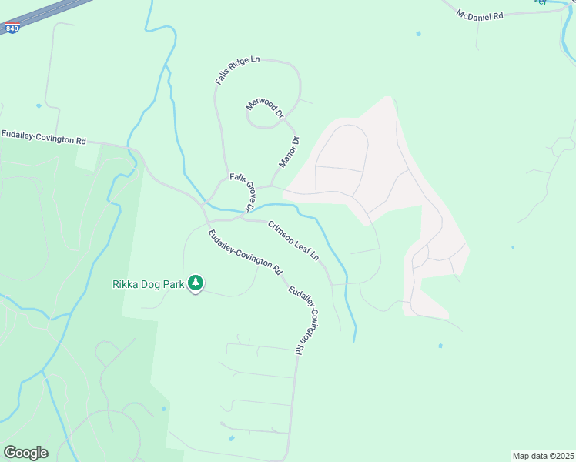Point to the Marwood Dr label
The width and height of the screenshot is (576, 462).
pyautogui.click(x=265, y=109)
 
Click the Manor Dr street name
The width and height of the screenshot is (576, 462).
pyautogui.click(x=289, y=152)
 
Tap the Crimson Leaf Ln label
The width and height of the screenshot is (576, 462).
pyautogui.click(x=293, y=241)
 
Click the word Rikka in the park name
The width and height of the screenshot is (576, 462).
pyautogui.click(x=126, y=284)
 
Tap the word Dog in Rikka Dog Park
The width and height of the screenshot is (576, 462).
pyautogui.click(x=153, y=284)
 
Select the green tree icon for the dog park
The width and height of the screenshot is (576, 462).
pyautogui.click(x=196, y=283)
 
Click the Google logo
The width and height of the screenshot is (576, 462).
pyautogui.click(x=25, y=453)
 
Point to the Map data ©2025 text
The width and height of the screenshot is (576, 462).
pyautogui.click(x=542, y=455)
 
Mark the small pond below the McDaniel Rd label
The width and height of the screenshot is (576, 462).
pyautogui.click(x=418, y=34)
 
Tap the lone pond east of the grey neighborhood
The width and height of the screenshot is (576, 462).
pyautogui.click(x=513, y=248)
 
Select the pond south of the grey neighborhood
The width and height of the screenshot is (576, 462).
pyautogui.click(x=440, y=346)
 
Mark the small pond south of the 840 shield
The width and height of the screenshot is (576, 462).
pyautogui.click(x=38, y=105)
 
